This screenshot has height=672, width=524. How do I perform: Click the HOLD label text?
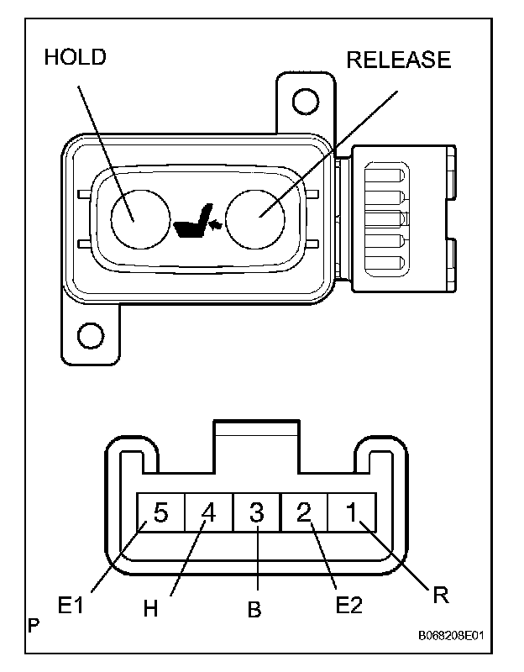(76, 57)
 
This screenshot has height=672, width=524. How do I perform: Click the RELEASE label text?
(398, 60)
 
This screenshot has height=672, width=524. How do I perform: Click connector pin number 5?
(160, 513)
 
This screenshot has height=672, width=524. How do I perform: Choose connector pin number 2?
(304, 513)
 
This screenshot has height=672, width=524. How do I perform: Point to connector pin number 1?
(352, 513)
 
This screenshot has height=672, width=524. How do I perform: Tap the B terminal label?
(254, 611)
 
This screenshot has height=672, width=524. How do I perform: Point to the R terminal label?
(442, 596)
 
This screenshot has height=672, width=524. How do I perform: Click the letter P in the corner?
(33, 626)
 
